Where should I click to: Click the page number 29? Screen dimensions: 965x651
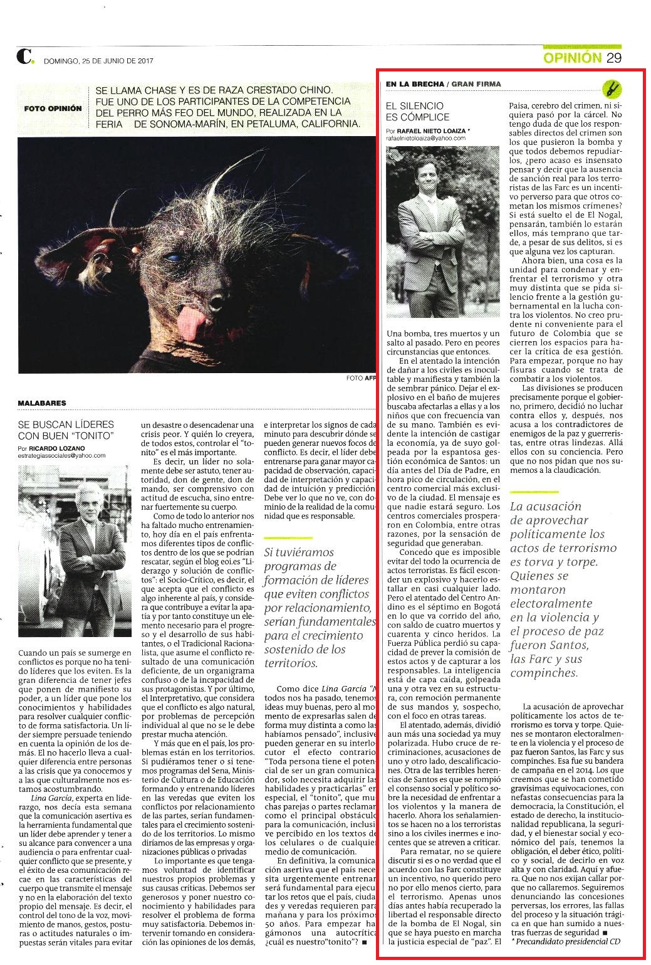613,58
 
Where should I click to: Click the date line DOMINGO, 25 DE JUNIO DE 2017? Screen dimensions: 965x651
98,61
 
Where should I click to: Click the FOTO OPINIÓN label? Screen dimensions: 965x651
53,108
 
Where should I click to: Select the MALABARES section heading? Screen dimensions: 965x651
42,403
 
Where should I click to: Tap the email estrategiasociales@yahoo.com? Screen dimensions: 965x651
62,456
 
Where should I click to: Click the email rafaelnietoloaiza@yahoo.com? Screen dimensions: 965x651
425,138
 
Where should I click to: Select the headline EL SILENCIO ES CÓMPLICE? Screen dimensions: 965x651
417,111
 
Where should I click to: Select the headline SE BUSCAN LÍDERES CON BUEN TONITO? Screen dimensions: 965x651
66,430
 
